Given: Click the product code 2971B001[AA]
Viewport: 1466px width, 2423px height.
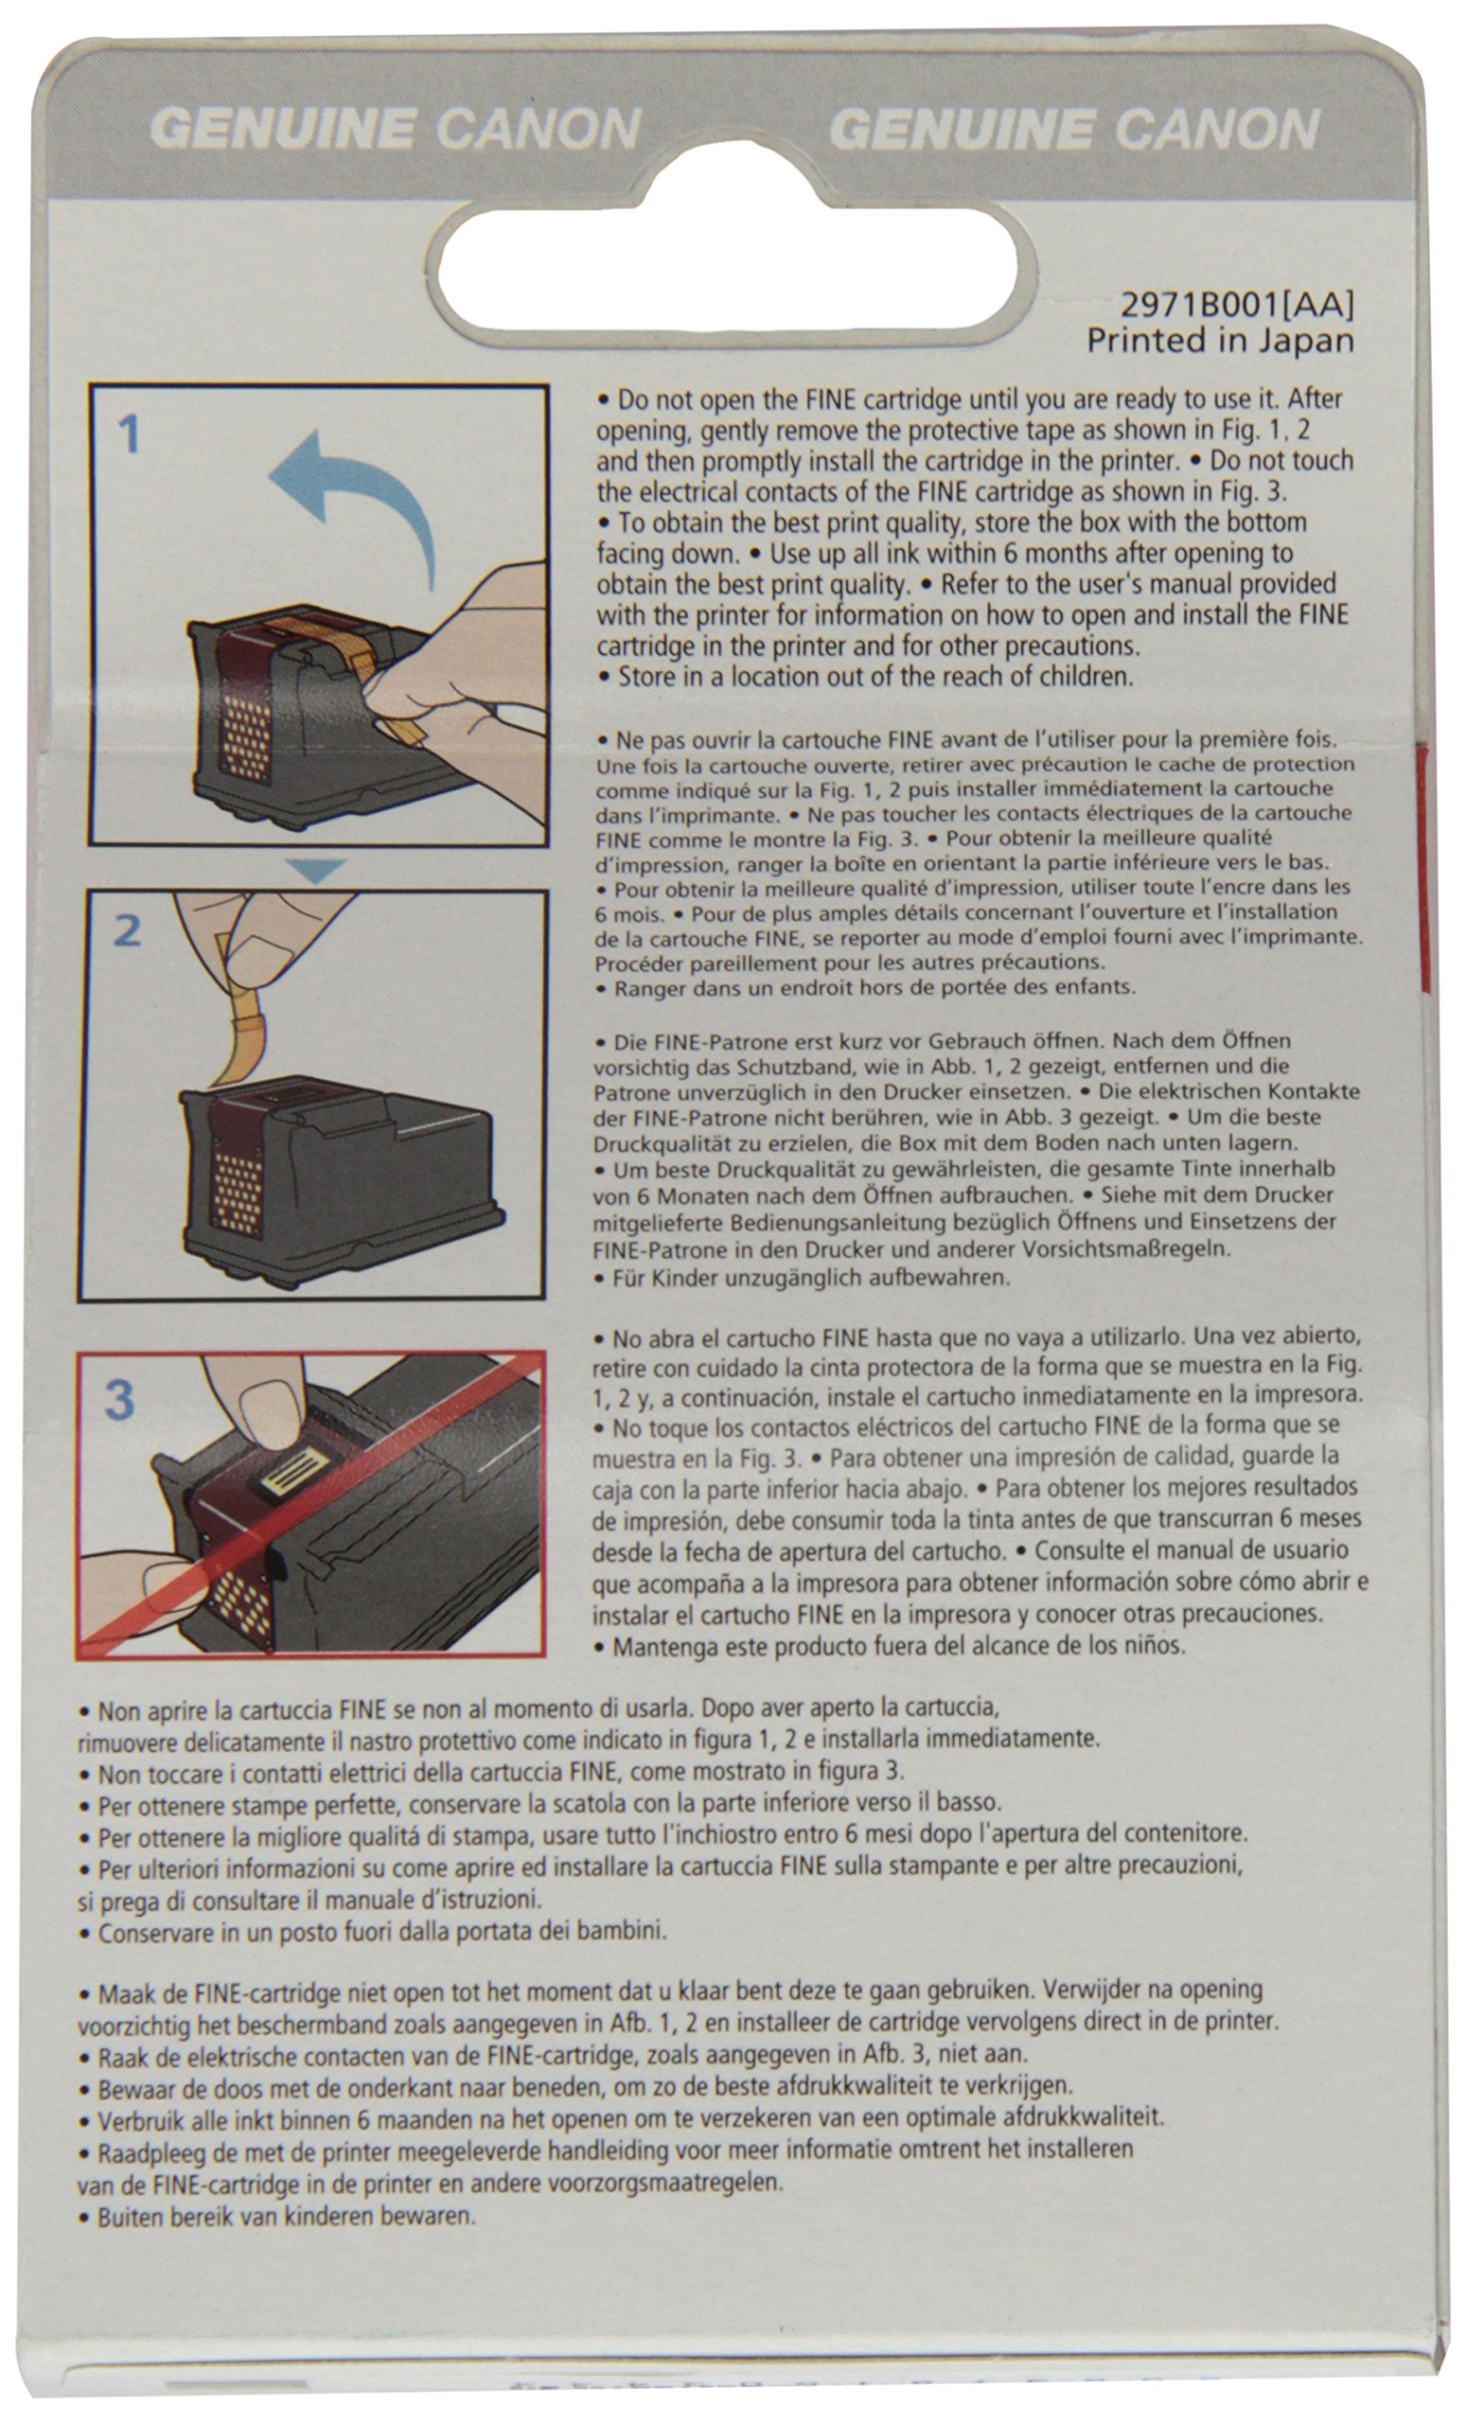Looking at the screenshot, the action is (1237, 305).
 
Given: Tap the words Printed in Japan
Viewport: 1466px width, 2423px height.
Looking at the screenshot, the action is (1220, 340).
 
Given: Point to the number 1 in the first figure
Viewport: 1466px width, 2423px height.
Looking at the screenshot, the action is (129, 433).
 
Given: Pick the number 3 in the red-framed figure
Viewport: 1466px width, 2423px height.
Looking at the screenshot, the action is (119, 1399).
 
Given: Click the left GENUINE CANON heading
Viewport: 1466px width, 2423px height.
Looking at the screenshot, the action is (396, 129).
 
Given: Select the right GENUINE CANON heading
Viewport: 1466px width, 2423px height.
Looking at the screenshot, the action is (1075, 129).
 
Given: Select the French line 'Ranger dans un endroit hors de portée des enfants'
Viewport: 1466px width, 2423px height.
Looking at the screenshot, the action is (865, 987).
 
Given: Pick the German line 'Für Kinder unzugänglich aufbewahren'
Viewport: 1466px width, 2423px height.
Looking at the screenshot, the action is (802, 1279).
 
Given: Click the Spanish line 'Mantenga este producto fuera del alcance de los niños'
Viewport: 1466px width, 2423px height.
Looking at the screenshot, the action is (889, 1645).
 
